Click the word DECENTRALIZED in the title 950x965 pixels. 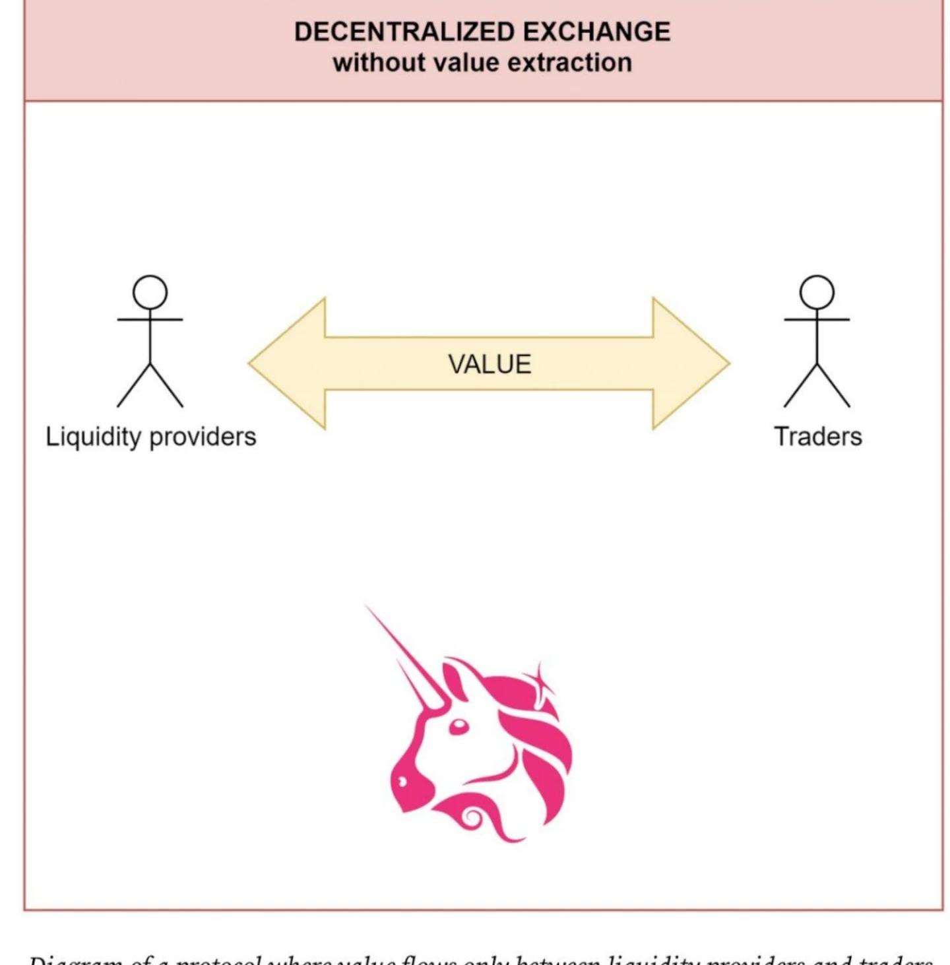404,32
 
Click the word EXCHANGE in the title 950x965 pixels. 596,32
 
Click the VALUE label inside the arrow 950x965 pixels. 490,364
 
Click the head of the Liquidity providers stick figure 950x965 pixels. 150,292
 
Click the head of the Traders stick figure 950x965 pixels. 817,292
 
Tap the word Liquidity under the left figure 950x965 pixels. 93,437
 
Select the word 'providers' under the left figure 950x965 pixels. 203,437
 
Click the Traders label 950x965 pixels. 818,437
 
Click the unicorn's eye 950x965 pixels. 458,727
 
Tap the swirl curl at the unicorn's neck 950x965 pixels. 473,819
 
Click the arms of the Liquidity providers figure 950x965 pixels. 150,320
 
